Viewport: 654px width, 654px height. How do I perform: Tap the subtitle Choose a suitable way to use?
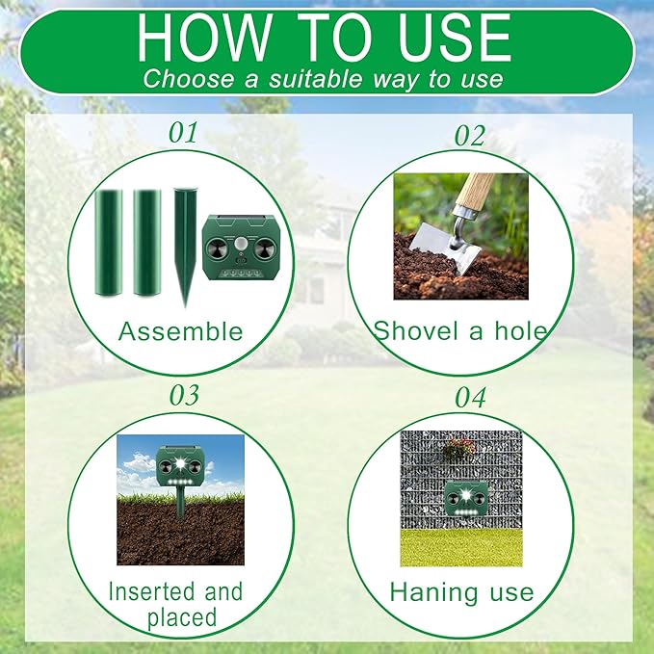coord(324,78)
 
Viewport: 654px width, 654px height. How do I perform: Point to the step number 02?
coord(469,136)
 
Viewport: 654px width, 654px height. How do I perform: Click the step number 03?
coord(183,396)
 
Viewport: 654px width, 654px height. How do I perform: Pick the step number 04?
coord(470,398)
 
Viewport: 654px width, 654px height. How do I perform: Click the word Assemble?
coord(180,332)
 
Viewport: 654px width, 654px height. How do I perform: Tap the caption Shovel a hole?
coord(460,332)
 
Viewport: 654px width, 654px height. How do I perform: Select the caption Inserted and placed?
coord(175,604)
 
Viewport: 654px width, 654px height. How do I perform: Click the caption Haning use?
coord(461,592)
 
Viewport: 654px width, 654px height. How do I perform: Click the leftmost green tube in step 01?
coord(109,243)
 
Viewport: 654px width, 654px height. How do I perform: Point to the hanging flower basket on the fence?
coord(458,448)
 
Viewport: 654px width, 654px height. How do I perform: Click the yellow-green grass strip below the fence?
coord(460,546)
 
